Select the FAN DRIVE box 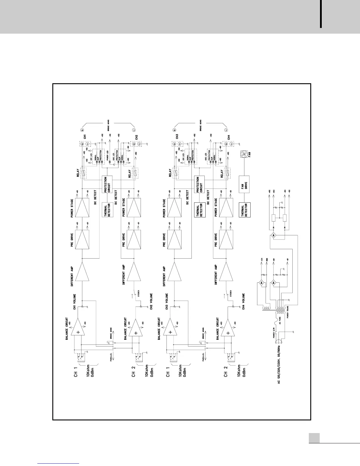(245, 184)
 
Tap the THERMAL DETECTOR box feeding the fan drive (245, 209)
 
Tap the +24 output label (261, 261)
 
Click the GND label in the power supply (267, 261)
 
